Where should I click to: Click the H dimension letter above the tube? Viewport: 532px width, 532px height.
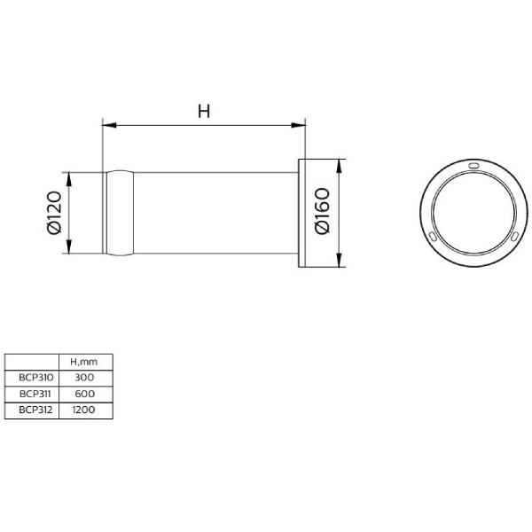pos(203,111)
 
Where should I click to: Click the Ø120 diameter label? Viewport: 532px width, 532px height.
pos(53,213)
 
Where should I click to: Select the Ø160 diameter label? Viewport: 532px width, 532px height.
pos(322,213)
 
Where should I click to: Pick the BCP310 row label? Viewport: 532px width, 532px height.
pos(32,378)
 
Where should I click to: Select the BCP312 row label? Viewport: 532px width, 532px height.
pos(32,411)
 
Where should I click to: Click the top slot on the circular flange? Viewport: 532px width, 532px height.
pos(473,166)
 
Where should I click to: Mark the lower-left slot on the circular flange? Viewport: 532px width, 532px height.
pos(431,236)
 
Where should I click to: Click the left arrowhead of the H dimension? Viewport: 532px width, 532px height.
pos(108,124)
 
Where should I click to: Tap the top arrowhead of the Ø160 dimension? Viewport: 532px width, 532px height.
pos(340,165)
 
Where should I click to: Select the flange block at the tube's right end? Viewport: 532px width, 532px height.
pos(306,213)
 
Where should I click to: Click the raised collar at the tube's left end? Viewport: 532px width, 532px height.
pos(121,213)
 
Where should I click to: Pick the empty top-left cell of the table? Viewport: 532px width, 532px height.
pos(32,362)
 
